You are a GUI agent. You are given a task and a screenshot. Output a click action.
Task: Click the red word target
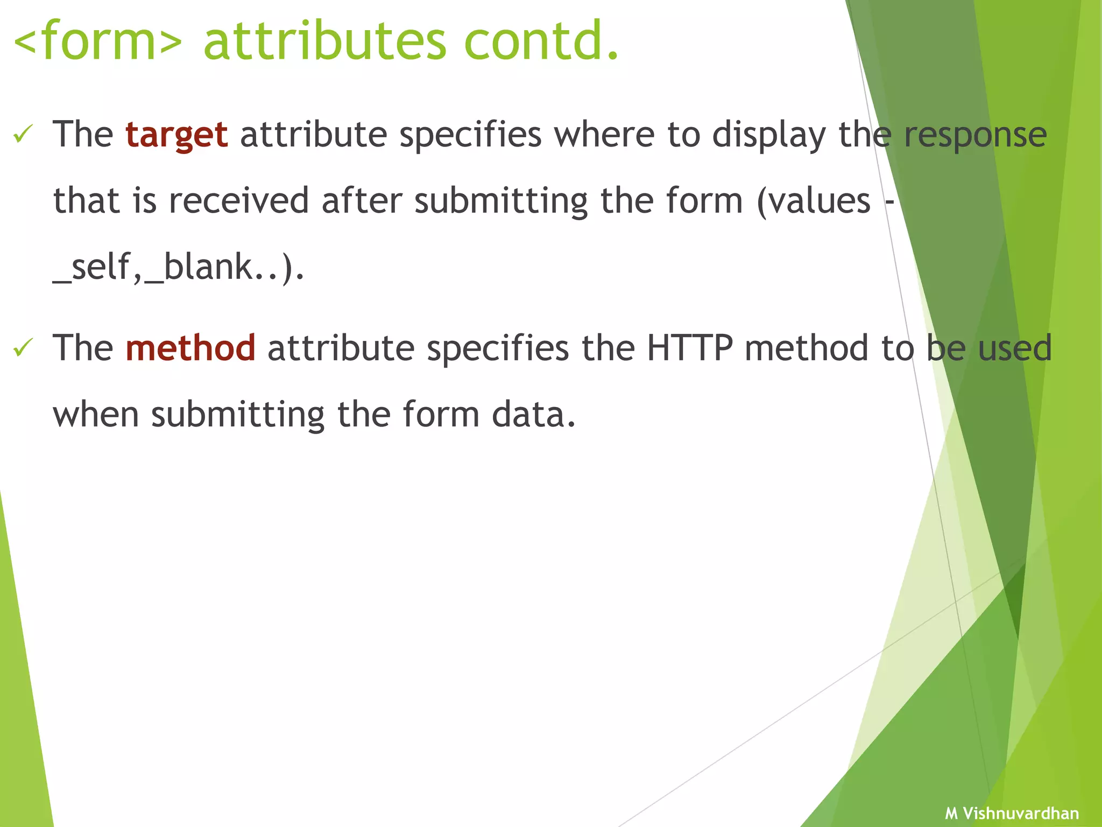coord(176,135)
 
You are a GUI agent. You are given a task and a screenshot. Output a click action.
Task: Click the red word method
coord(190,348)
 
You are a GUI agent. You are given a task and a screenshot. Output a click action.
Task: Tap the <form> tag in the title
coord(97,41)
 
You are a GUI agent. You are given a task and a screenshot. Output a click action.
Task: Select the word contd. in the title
coord(541,41)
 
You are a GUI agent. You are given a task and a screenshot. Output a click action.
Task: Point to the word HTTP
coord(689,348)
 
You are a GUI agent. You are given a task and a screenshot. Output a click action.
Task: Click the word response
coord(975,135)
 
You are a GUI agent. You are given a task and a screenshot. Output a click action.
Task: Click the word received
coord(239,201)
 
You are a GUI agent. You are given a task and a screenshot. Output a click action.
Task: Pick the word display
coord(769,135)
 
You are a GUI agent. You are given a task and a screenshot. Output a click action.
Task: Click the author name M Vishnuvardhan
coord(1012,813)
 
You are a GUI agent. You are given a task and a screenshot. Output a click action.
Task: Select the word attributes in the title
coord(325,41)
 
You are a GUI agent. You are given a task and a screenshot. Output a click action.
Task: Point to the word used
coord(1014,348)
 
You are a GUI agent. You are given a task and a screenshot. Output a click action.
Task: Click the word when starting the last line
coord(96,415)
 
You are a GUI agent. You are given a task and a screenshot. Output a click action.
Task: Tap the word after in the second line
coord(362,201)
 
